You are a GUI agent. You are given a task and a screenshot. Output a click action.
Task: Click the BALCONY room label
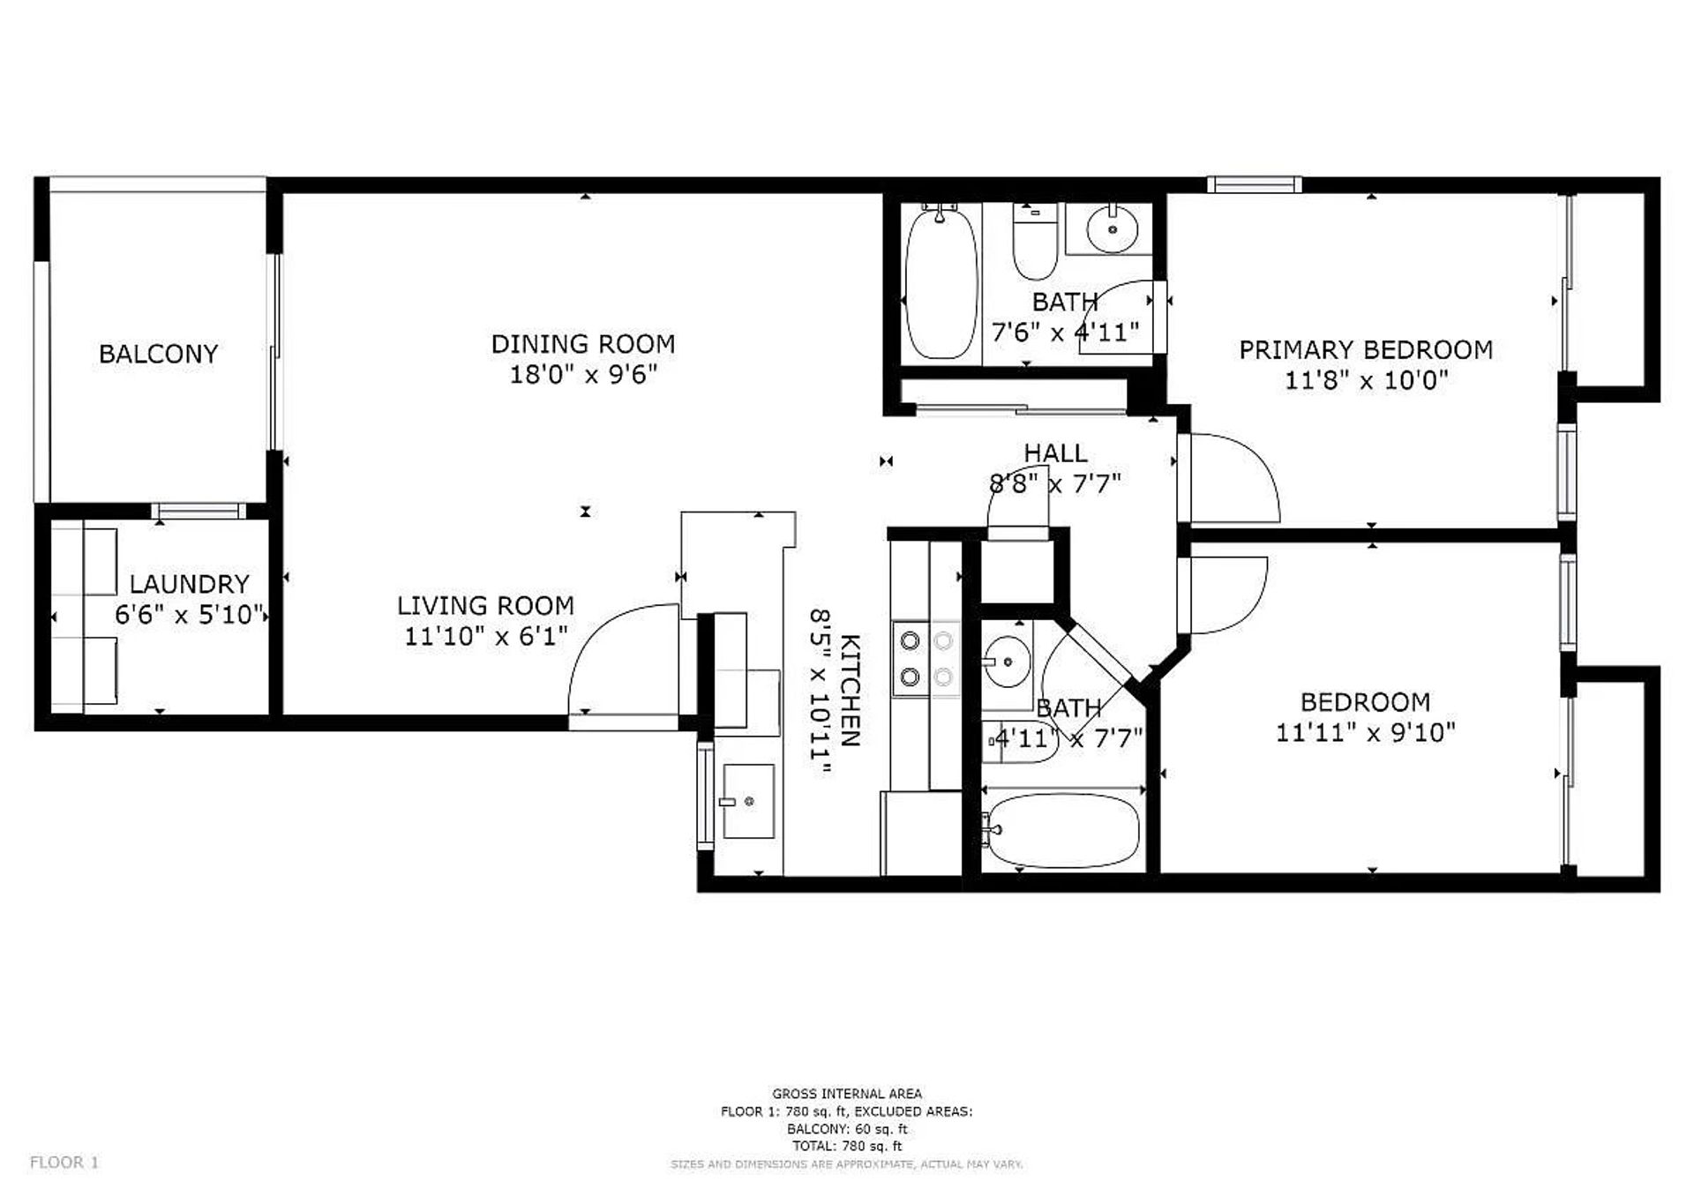158,354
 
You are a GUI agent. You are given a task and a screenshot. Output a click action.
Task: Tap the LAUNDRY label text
189,584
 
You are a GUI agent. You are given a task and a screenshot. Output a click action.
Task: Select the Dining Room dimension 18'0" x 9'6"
583,375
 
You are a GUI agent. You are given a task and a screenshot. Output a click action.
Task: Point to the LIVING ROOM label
485,606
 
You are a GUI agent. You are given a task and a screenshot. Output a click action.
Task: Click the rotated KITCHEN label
849,690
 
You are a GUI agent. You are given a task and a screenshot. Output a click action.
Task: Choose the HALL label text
1055,453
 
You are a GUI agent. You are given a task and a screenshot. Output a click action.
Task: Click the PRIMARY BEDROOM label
1366,350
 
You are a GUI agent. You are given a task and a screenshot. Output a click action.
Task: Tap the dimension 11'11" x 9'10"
1365,733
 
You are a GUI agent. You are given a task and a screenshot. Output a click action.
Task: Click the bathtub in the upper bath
942,282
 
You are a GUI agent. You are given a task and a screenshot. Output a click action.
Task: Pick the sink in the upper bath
1111,229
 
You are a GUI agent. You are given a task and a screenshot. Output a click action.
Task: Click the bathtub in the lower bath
1061,831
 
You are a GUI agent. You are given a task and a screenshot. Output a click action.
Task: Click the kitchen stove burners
926,658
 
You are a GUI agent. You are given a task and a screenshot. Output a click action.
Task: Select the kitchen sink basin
748,801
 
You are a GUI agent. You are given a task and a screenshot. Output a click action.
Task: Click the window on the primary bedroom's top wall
1254,184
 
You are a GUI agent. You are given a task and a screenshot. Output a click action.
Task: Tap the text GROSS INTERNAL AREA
847,1094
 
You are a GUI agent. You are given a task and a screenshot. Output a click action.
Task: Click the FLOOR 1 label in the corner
64,1163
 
